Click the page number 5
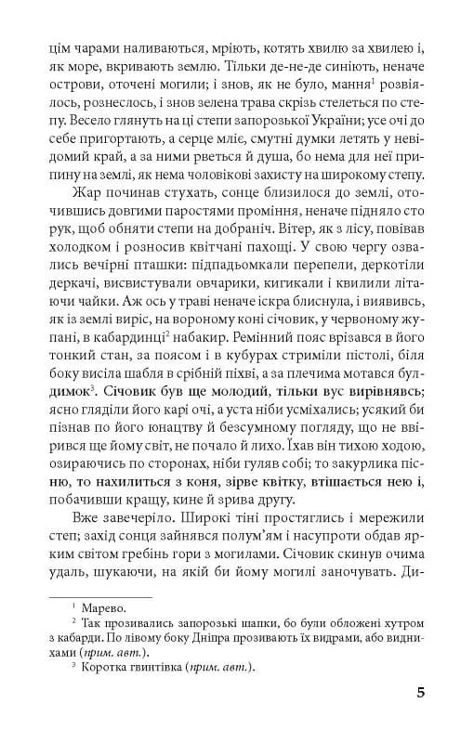[421, 692]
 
